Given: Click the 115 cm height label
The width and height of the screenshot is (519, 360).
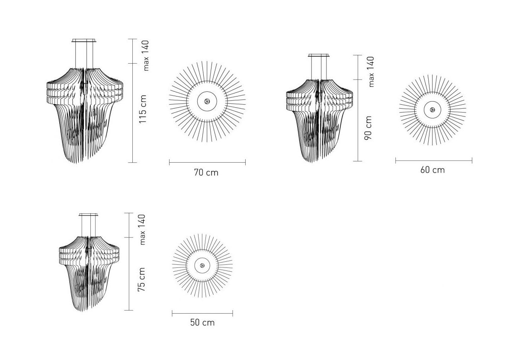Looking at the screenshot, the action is click(x=143, y=109).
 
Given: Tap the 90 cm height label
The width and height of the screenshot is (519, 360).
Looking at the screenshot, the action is click(x=368, y=128).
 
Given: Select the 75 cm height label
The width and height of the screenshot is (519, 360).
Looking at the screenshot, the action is click(x=141, y=280).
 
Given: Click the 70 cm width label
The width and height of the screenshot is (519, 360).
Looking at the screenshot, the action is click(x=206, y=173).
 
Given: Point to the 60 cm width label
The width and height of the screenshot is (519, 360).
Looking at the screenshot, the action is click(x=432, y=170).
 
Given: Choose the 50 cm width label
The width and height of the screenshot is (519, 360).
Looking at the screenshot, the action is click(x=202, y=323).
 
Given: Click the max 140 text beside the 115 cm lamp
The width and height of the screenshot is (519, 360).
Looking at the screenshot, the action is click(x=146, y=55).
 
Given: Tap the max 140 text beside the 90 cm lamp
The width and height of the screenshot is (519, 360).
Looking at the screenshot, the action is click(x=371, y=72).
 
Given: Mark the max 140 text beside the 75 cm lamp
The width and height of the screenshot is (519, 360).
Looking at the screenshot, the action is click(x=142, y=229).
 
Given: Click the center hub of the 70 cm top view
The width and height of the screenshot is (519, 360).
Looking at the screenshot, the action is click(x=207, y=101).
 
